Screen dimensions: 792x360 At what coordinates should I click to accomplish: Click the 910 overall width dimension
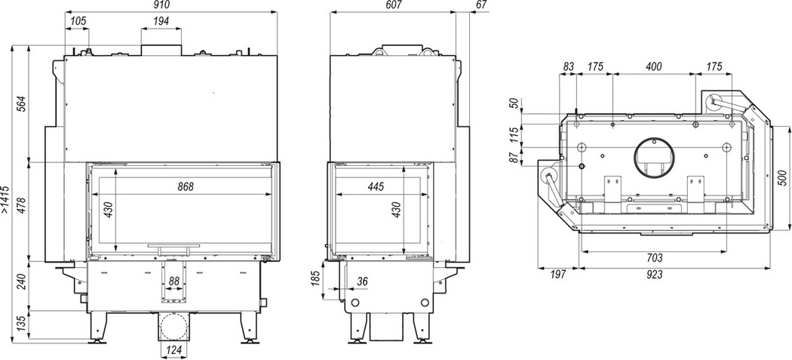pyautogui.click(x=164, y=5)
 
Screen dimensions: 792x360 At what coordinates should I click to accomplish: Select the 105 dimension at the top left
pyautogui.click(x=78, y=20)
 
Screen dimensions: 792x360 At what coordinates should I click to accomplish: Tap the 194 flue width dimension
pyautogui.click(x=161, y=20)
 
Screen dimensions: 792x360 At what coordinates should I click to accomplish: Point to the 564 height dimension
pyautogui.click(x=20, y=104)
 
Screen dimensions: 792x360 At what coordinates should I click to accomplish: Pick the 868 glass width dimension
pyautogui.click(x=186, y=186)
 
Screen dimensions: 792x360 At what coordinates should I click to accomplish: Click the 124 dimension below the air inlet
pyautogui.click(x=173, y=350)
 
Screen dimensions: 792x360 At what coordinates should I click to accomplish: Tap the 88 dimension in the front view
pyautogui.click(x=174, y=281)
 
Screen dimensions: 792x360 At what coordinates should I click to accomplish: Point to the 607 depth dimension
pyautogui.click(x=393, y=5)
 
